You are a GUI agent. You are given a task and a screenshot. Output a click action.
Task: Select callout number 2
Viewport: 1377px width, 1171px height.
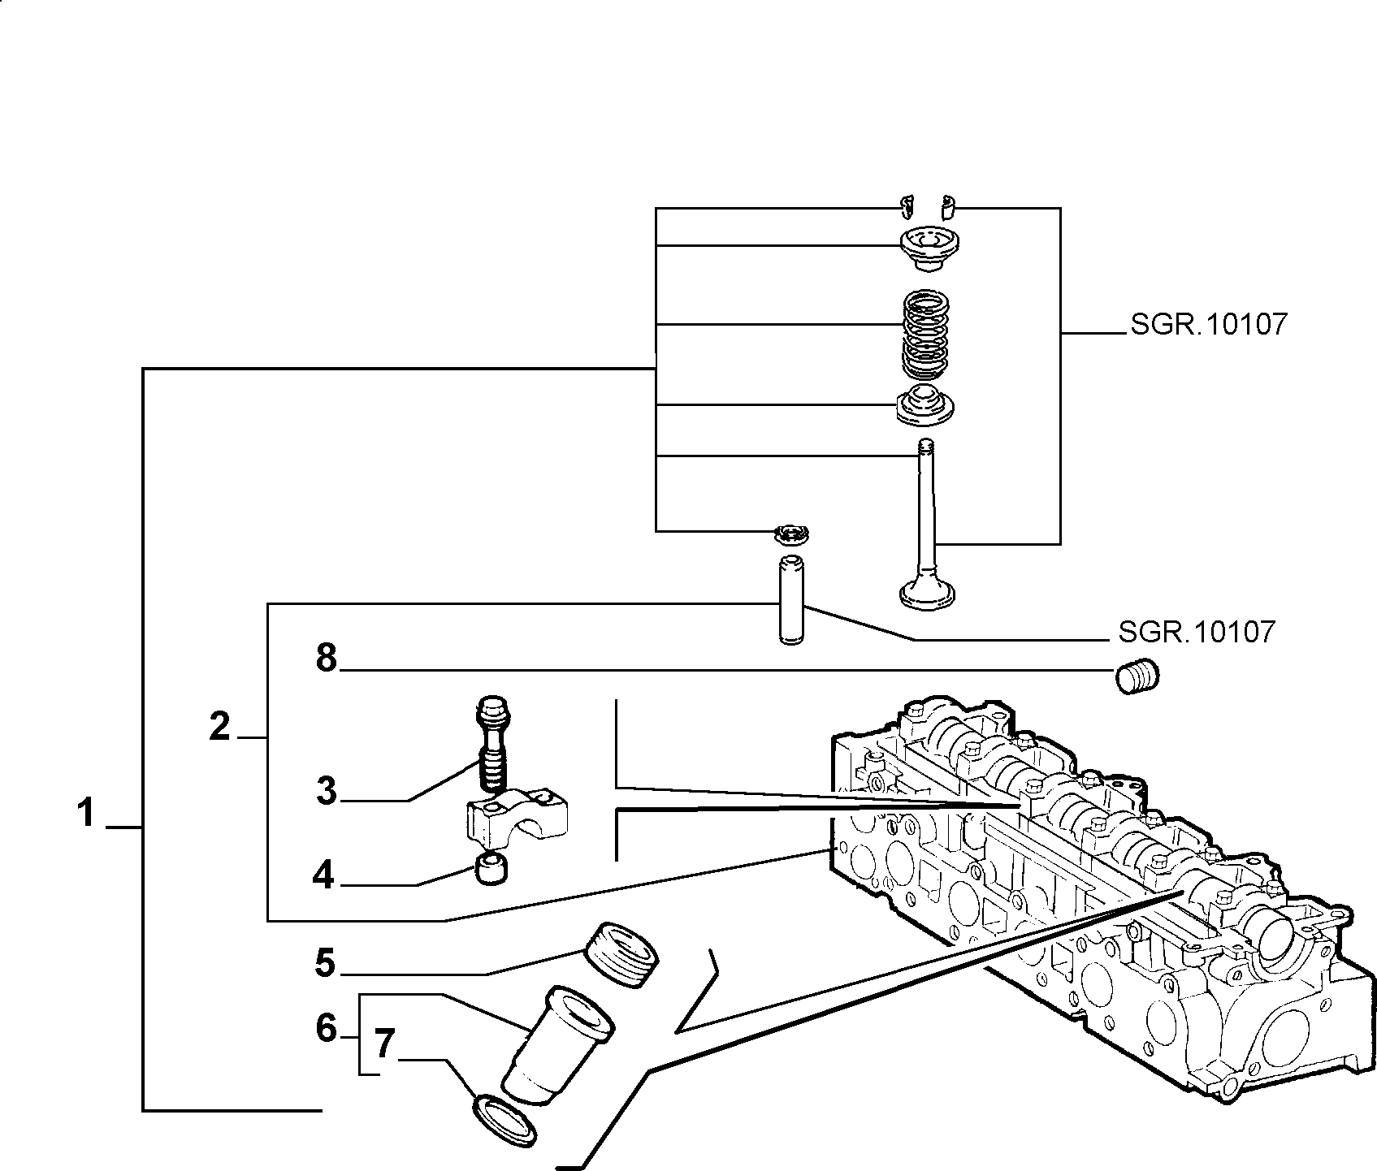(219, 725)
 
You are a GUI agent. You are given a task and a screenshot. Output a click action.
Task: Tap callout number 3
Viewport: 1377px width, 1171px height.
(327, 789)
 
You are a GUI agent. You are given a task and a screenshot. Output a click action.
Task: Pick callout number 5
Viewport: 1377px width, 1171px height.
(325, 963)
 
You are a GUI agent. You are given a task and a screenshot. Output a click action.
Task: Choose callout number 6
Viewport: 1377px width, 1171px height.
(326, 1028)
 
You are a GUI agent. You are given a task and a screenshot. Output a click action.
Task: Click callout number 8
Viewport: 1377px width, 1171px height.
(327, 658)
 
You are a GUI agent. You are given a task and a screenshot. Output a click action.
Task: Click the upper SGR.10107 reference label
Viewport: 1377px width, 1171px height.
(1208, 325)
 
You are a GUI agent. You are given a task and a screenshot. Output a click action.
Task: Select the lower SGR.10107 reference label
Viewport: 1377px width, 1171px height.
(1196, 631)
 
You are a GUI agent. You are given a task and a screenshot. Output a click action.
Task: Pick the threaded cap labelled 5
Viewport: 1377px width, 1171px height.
(621, 953)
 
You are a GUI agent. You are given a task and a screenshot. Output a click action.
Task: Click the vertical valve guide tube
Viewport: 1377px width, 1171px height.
(791, 598)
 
